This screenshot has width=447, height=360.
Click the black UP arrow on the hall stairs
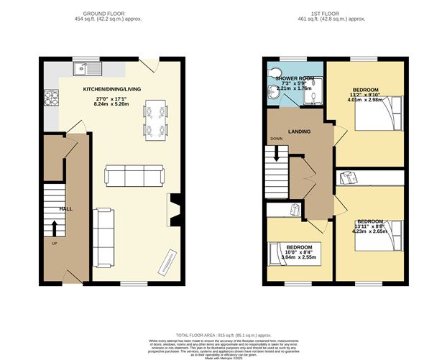[55, 227]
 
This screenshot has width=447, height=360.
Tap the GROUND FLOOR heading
[103, 14]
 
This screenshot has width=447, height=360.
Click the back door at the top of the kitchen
[147, 66]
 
